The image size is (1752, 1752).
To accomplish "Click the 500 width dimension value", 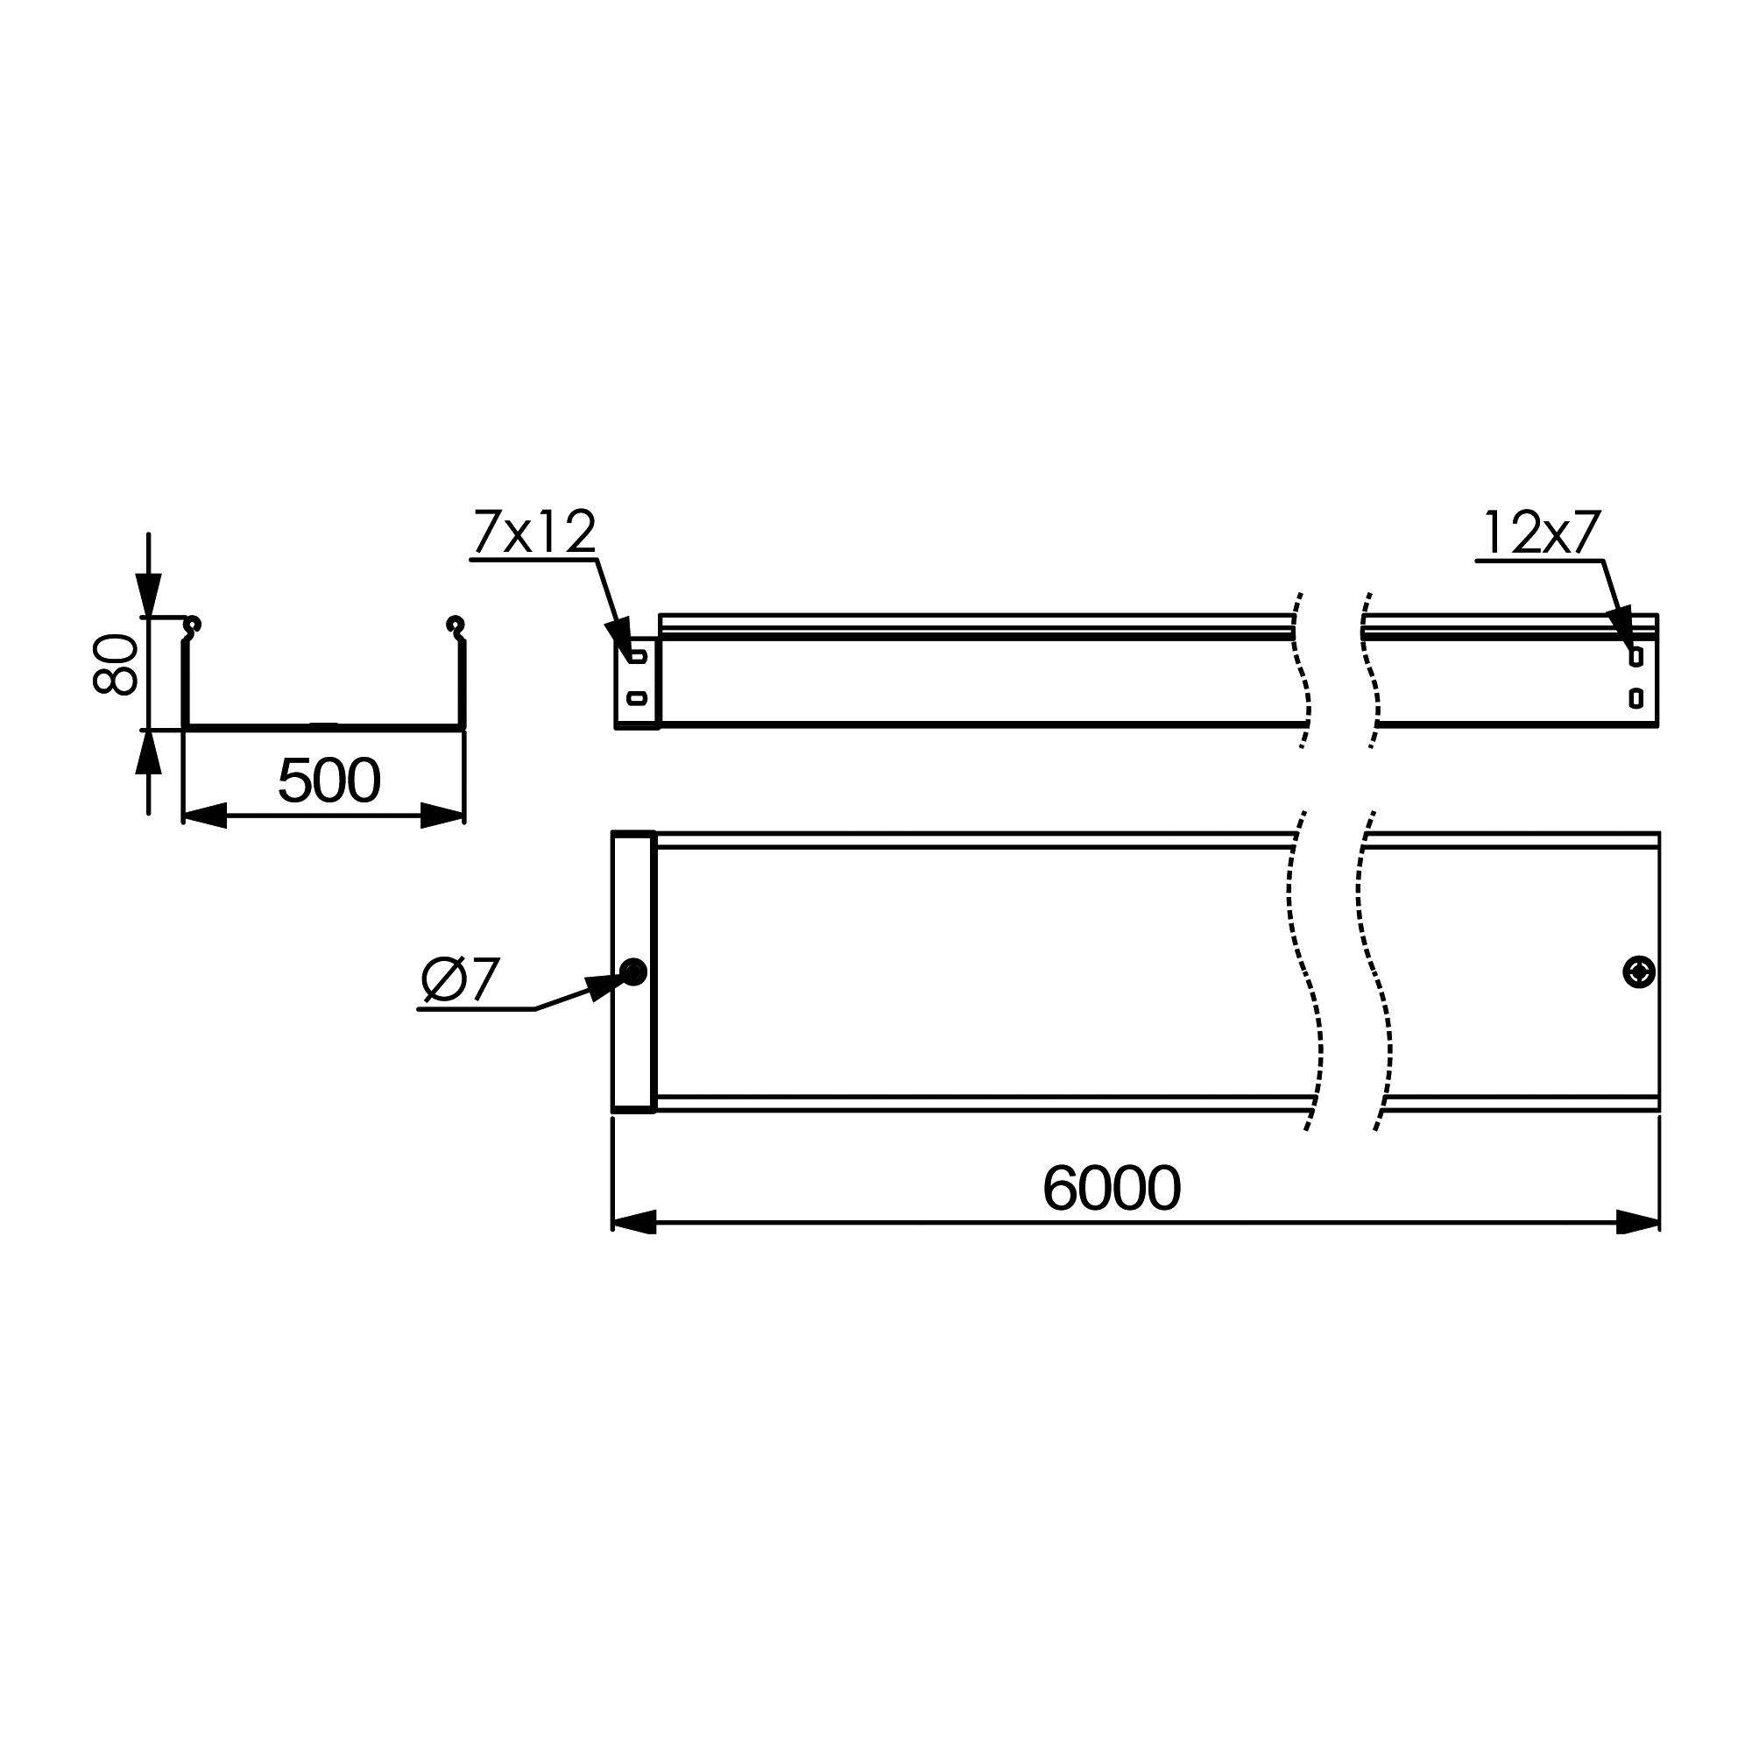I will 328,781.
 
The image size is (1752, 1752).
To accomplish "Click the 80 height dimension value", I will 115,665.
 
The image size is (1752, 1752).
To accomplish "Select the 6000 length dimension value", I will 1112,1188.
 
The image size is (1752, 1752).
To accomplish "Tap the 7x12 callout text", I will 534,533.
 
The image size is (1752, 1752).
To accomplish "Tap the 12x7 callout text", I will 1542,533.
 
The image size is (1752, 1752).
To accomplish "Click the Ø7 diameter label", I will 460,979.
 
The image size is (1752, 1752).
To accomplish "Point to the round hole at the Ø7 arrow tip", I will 634,972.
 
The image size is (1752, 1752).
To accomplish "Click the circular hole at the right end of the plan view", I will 1639,972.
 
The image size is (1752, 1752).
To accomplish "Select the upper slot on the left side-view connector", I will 638,656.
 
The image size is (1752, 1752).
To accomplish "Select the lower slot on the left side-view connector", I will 638,697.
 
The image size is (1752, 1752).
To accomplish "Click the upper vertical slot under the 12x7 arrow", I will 1635,656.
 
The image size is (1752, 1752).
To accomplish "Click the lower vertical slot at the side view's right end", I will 1635,697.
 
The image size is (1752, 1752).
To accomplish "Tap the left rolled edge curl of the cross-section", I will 192,625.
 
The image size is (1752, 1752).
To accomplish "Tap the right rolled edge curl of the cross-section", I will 456,625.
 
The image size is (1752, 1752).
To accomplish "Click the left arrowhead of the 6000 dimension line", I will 634,1222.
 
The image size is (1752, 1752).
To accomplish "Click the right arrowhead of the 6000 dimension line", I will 1638,1222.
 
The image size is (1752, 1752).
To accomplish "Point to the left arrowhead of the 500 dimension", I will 205,816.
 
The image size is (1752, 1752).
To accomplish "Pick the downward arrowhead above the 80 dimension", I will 149,595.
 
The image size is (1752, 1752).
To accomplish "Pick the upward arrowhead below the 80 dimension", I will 149,752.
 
